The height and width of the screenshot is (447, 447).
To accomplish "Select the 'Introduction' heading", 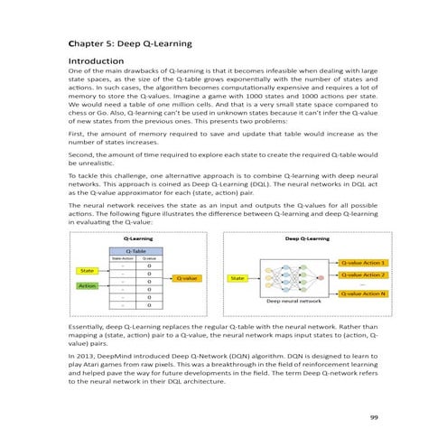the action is [97, 61].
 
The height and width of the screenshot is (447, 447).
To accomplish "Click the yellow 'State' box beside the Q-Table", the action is [88, 270].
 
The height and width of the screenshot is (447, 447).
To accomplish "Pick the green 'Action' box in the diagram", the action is [88, 286].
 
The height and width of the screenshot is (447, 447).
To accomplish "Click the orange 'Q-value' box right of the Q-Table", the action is [189, 278].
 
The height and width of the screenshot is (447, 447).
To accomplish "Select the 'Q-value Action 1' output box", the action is [362, 262].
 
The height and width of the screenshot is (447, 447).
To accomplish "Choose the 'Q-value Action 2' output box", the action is [362, 275].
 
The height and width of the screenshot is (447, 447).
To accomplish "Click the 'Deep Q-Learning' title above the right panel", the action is [306, 238].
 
